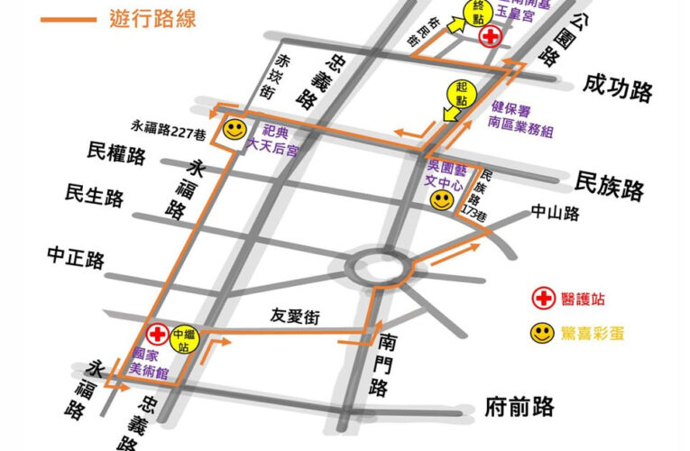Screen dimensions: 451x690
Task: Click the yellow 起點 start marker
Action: click(462, 94)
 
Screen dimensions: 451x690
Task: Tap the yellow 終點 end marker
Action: click(479, 11)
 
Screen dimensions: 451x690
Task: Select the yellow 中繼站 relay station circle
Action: click(184, 337)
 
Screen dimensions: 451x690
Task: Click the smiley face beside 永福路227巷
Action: click(235, 130)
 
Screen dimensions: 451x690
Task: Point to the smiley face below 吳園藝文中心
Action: click(441, 201)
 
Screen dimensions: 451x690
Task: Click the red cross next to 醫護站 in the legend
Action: click(543, 299)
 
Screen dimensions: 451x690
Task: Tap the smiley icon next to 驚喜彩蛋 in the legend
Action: click(542, 333)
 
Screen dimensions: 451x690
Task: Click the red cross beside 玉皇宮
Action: click(491, 37)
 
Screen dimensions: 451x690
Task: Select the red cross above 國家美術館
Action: click(158, 335)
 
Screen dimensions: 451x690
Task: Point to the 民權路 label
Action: click(116, 153)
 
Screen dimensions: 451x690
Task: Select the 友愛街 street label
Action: click(296, 317)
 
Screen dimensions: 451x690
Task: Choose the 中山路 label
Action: click(556, 213)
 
